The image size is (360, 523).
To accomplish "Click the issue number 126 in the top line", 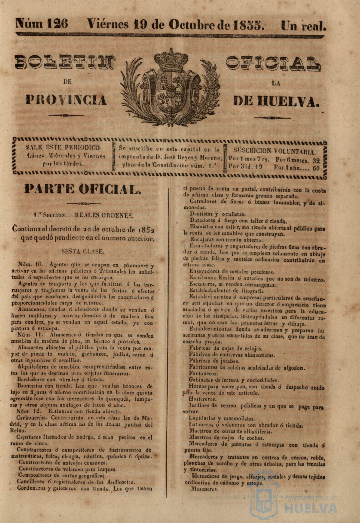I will click(x=57, y=24).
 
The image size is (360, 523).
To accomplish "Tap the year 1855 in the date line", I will click(x=249, y=25).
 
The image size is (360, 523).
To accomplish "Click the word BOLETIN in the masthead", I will click(x=65, y=62).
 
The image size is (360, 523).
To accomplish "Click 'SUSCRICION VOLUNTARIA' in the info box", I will click(x=275, y=151).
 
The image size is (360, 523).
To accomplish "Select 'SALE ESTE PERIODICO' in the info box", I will click(x=63, y=148).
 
